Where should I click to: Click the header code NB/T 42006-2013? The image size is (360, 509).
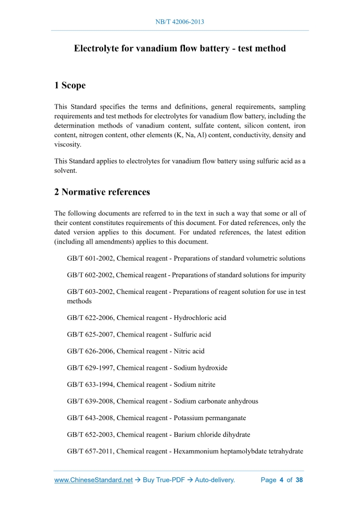point(180,22)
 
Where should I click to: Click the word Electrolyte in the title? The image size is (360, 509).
point(98,49)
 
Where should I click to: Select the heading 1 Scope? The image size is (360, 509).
point(70,85)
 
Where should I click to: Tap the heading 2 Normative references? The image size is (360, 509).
point(102,192)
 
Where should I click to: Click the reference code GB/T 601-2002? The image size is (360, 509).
point(90,258)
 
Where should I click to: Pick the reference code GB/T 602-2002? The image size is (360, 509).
point(90,275)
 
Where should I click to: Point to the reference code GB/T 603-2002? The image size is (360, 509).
point(90,292)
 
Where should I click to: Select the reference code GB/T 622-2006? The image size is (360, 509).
point(90,317)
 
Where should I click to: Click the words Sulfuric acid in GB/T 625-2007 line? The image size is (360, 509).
point(192,334)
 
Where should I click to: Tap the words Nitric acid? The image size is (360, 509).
point(189,351)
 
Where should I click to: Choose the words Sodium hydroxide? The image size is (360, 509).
point(201,368)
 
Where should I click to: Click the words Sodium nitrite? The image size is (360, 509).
point(194,384)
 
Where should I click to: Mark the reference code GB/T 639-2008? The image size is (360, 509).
point(90,401)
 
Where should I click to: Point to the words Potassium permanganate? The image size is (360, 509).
point(210,418)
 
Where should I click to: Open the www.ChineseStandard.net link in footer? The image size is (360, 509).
point(94,480)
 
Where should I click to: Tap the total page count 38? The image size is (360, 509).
point(299,480)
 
